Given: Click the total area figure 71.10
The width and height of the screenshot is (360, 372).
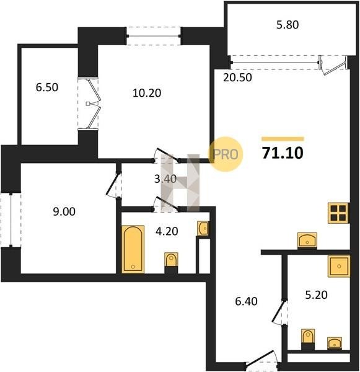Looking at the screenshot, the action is (283, 153).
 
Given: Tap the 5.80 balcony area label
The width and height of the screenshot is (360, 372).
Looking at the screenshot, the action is (288, 25).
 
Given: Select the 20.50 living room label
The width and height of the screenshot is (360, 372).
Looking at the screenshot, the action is (237, 77).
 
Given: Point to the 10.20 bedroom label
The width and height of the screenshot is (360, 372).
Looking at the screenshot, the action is (147, 93).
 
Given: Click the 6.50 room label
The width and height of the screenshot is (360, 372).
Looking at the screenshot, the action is (47, 87).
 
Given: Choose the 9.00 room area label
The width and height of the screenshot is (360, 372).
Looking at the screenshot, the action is (64, 211).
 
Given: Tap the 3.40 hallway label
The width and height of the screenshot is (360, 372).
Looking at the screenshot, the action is (165, 179).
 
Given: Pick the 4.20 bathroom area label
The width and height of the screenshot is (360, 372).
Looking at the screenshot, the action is (167, 231).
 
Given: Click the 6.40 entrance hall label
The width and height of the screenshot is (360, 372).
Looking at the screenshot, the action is (246, 301).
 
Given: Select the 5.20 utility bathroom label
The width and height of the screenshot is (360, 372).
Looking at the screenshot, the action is (316, 294).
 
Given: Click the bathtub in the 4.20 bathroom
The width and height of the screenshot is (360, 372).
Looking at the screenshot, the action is (133, 249).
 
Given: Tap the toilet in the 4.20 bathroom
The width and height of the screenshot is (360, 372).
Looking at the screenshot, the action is (171, 263).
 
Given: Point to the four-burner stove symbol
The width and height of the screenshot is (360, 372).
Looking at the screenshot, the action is (338, 213).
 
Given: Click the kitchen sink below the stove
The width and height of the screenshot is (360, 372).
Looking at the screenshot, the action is (307, 241).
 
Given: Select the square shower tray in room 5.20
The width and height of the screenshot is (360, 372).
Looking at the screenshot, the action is (339, 266).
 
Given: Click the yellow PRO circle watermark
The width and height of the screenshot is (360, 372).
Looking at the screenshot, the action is (226, 154).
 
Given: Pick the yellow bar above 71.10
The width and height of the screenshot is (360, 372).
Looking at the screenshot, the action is (283, 139).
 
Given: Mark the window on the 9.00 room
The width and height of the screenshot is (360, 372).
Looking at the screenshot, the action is (11, 220).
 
